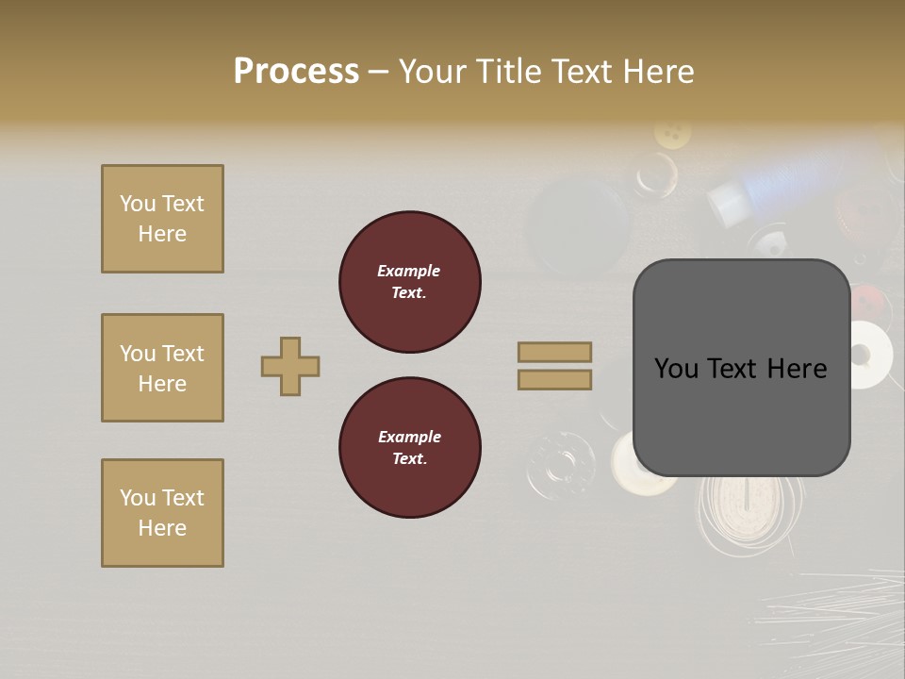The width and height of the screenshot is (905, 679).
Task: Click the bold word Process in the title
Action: (296, 71)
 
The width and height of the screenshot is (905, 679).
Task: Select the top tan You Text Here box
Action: (162, 219)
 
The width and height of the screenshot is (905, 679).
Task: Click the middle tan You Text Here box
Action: (162, 368)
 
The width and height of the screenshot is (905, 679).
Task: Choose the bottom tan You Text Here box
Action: (162, 513)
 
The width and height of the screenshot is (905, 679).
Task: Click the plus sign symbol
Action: (290, 366)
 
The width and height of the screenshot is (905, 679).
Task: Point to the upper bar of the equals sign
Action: (554, 352)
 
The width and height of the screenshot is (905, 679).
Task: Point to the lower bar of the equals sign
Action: (554, 379)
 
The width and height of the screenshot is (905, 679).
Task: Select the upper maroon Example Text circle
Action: (410, 282)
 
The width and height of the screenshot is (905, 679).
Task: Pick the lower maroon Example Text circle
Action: (410, 448)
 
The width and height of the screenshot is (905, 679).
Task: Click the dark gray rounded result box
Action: (741, 368)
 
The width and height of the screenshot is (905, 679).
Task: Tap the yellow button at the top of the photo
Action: (672, 133)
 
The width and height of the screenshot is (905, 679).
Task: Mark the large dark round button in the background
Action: (577, 226)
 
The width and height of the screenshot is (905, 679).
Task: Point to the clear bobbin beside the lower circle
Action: (561, 464)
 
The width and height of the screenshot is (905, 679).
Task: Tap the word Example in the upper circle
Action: (408, 271)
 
